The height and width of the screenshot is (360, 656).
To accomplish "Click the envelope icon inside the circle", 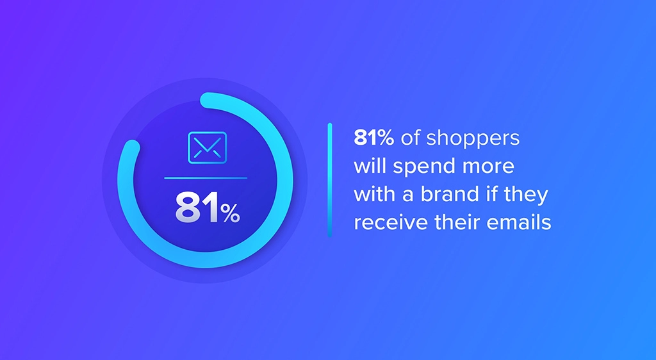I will click(207, 146).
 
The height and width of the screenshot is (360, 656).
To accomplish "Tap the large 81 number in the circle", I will click(197, 208).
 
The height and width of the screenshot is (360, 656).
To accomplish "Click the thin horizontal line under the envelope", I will click(206, 177).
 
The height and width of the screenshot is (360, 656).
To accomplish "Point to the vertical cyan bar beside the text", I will click(330, 180).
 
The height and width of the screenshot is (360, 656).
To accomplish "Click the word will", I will click(368, 167).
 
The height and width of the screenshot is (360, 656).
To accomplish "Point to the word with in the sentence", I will click(372, 194).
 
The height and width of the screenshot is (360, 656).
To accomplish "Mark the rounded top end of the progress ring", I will click(206, 100).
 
